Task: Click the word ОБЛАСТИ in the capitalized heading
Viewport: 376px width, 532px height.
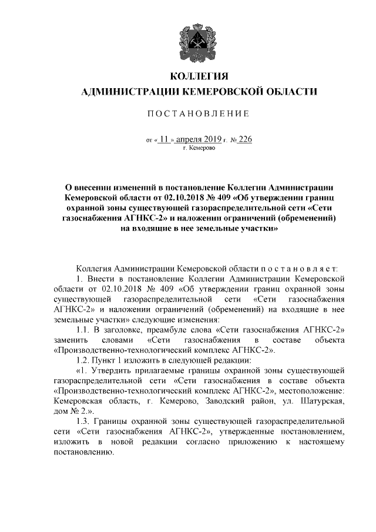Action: [284, 92]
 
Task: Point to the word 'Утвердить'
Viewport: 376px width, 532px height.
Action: [113, 371]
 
